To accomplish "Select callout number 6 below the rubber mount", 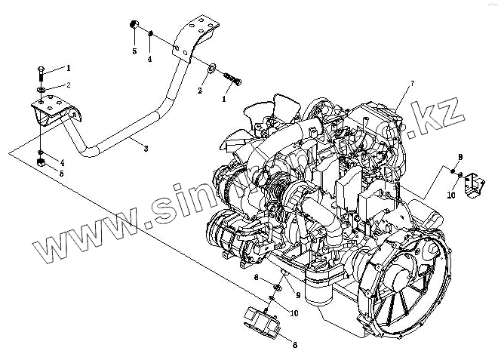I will (x=295, y=345).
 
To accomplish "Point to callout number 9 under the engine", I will (x=298, y=294).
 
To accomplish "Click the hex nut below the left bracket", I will (x=41, y=160).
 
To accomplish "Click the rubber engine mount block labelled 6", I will (x=263, y=320).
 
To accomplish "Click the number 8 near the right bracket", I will (x=459, y=156).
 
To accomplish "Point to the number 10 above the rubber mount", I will (x=294, y=312).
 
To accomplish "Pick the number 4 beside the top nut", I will (x=149, y=58).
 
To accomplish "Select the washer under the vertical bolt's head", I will (x=41, y=90).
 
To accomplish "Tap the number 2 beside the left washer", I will (x=68, y=85).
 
